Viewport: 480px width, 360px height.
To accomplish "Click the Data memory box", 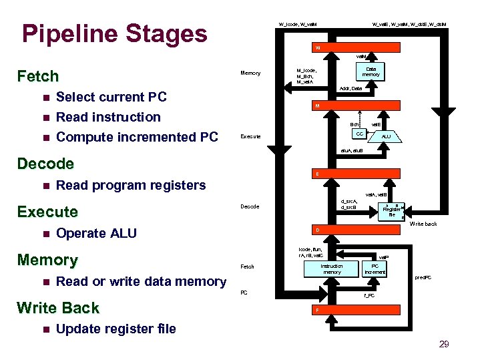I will [371, 71].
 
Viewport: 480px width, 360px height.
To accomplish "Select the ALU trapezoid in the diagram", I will [387, 136].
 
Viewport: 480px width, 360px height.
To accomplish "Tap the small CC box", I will [359, 134].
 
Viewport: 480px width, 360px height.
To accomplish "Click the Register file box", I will [391, 211].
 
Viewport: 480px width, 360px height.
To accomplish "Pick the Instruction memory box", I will [332, 268].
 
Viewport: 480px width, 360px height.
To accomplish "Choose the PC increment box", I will [375, 268].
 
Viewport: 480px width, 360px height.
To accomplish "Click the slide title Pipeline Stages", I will [114, 33].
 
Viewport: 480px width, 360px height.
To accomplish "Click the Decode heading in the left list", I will [45, 164].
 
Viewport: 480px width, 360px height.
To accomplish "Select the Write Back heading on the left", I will [58, 308].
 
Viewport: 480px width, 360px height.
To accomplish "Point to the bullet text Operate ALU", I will [97, 233].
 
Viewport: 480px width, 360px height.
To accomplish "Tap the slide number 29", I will [444, 344].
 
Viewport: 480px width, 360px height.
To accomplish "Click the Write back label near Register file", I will [423, 224].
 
